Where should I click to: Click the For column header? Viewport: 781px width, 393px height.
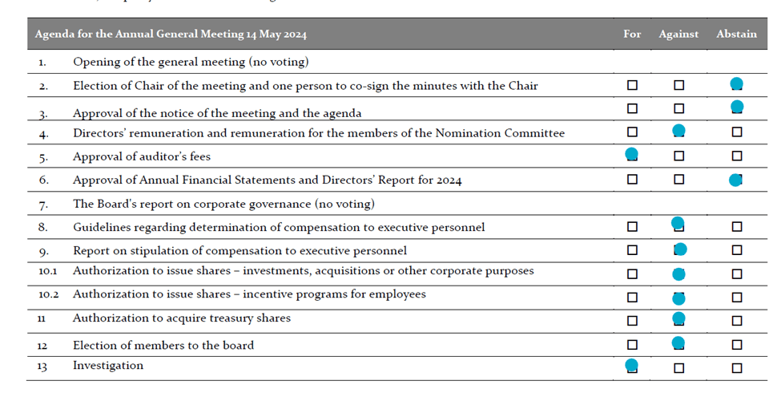click(632, 34)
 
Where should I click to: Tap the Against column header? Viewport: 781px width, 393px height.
click(678, 34)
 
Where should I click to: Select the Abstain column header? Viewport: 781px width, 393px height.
click(736, 34)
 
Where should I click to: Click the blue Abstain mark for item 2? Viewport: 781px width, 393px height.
click(737, 83)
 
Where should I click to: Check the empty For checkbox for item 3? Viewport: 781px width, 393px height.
click(632, 108)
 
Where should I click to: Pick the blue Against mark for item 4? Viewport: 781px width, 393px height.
click(678, 131)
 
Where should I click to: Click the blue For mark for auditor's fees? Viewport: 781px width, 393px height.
click(631, 154)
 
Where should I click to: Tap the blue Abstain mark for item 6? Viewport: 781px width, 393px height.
click(735, 180)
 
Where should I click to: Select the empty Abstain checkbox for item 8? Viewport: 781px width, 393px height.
click(737, 227)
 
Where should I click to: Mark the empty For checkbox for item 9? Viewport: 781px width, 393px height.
click(632, 250)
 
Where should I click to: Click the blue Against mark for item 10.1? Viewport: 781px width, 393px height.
click(679, 274)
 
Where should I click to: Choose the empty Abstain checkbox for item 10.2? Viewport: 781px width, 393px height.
click(737, 298)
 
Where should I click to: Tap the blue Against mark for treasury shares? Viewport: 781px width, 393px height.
click(678, 319)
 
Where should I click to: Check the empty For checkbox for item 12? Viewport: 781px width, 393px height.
click(632, 345)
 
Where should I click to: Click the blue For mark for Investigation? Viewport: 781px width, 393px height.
click(631, 366)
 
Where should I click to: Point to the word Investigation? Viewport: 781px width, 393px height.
click(108, 366)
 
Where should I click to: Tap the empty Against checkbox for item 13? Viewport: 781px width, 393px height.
click(679, 368)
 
